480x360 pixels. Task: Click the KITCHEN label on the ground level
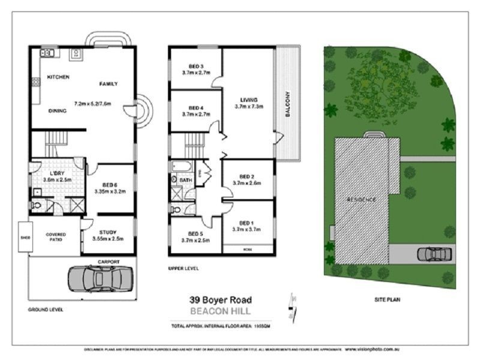[58, 77]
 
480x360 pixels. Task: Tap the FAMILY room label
[108, 84]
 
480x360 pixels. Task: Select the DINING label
[58, 111]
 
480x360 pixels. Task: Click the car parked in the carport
[100, 278]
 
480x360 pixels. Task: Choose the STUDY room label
[109, 233]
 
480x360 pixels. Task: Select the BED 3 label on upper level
[196, 66]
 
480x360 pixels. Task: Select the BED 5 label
[196, 234]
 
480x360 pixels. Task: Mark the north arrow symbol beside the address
[292, 306]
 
